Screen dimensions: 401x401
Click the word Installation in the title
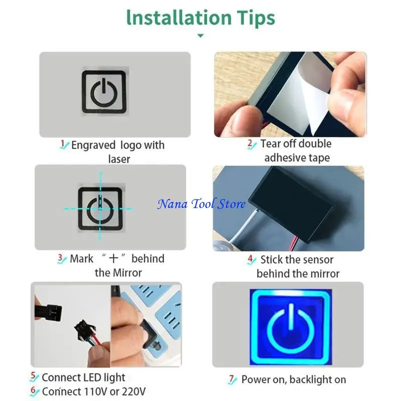pos(171,18)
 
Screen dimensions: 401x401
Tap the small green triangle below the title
pos(200,36)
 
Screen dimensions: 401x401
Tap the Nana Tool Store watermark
pos(202,204)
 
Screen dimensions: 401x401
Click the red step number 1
pos(63,145)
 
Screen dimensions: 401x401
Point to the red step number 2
pos(251,144)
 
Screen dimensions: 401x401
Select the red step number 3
pos(61,259)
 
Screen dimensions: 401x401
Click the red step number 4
pos(251,260)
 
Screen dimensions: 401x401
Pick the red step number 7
pos(232,379)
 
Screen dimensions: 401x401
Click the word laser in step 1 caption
pos(119,159)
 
